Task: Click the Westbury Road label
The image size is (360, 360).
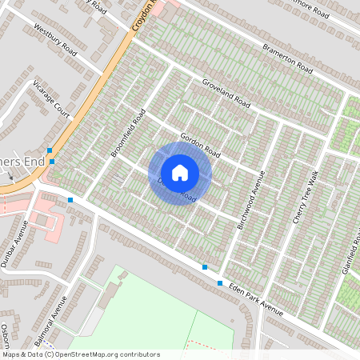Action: pos(55,39)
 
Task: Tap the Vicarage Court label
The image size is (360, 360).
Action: pos(52,95)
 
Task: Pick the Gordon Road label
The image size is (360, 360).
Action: pos(200,144)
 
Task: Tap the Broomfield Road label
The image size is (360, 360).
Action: pos(128,132)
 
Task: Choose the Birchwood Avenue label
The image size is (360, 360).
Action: pos(250,205)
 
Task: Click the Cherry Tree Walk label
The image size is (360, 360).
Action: pos(305,197)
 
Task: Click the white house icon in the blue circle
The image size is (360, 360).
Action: pos(180,173)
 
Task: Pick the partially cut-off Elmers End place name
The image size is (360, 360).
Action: pos(19,161)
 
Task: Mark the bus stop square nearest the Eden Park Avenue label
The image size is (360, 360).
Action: pos(220,282)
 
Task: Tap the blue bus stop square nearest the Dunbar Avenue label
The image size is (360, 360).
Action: pos(71,199)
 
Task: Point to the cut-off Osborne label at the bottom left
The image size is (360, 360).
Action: pos(5,336)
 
